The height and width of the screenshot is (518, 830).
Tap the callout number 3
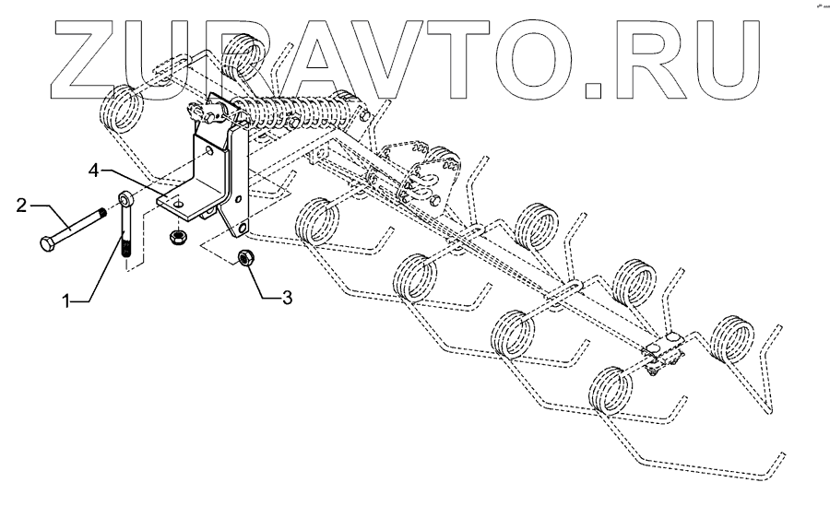[x=288, y=297]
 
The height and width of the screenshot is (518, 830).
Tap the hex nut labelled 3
[x=246, y=257]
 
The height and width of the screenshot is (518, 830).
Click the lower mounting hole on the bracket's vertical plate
[x=243, y=225]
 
